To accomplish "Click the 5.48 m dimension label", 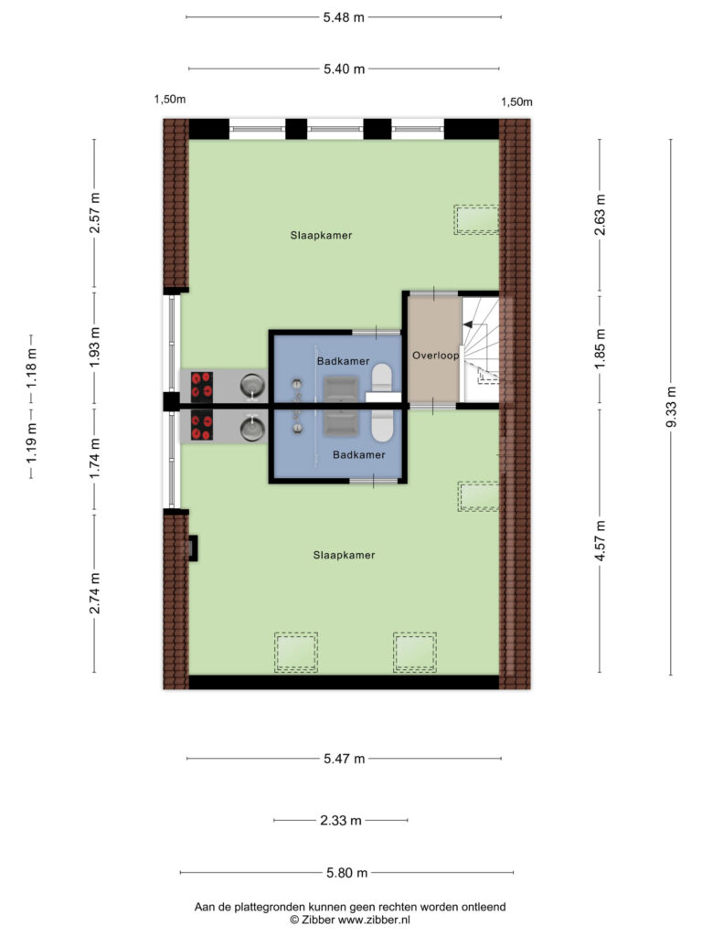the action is coord(344,17).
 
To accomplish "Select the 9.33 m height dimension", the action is coord(671,407).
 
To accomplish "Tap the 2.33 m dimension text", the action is coord(341,820).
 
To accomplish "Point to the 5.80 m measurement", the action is coord(346,873).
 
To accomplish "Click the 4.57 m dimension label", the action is coord(600,540).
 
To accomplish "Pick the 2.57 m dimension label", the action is coord(94,213).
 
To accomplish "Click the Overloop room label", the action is coord(436,356).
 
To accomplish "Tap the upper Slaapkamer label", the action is coord(321,235).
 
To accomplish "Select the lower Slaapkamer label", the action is coord(344,555).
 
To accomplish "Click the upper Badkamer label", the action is coord(344,361).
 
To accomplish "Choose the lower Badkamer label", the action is coord(358,455).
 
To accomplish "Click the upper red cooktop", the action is coord(202,386).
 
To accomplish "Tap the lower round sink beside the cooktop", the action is coord(253,428).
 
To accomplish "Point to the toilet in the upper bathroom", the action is coord(381,379).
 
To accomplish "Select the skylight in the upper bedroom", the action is coord(475,219).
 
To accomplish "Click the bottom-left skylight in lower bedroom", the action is coord(296,653).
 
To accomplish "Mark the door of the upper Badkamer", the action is coord(376,332).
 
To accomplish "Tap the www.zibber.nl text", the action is coord(374,920).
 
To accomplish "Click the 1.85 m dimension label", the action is coord(600,349).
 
